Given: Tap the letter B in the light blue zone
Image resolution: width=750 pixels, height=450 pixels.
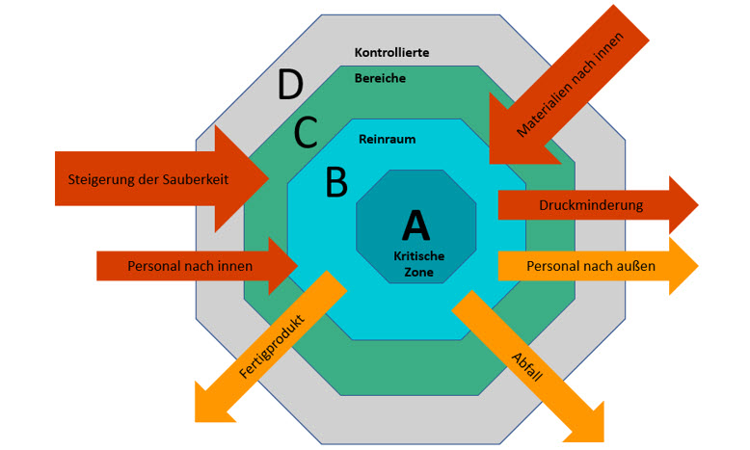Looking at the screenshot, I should point(335,181).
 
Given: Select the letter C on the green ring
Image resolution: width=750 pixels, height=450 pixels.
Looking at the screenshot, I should point(305,132).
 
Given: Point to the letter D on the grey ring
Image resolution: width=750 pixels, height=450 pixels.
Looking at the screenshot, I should point(289,87).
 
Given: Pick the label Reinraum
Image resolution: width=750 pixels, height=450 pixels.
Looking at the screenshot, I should point(387,139).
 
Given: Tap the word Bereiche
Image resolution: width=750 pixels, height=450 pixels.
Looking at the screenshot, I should point(380,78).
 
